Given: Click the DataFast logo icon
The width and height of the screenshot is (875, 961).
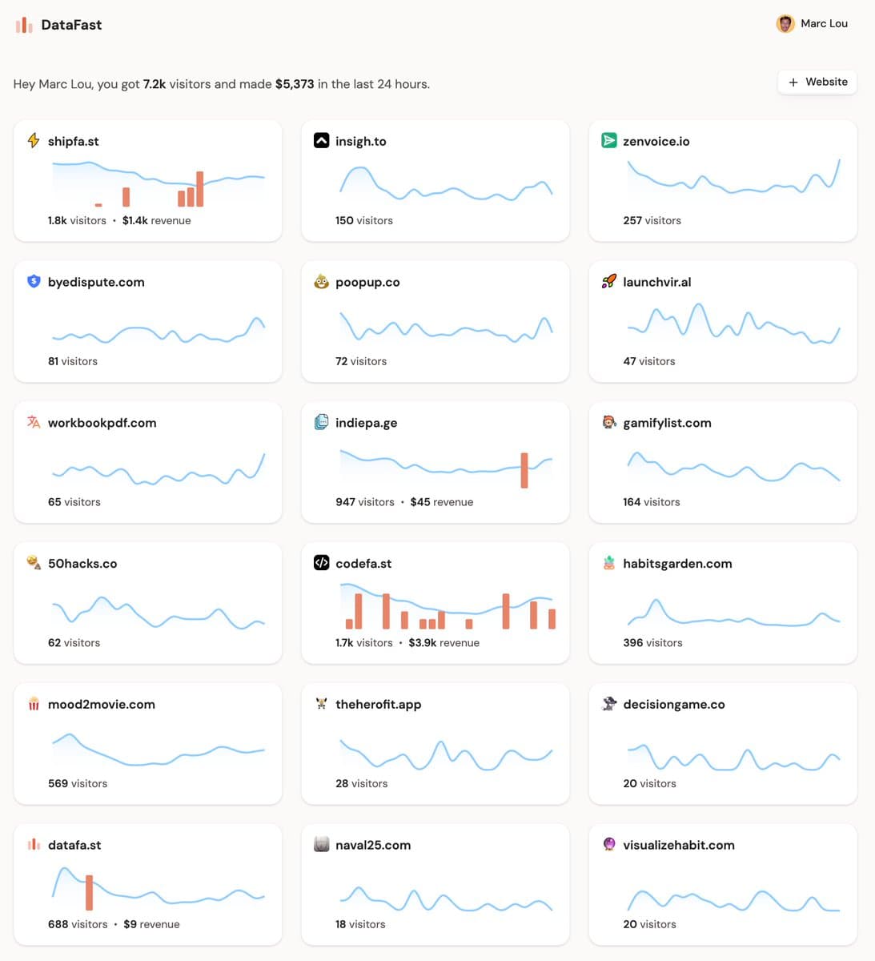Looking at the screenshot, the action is coord(24,25).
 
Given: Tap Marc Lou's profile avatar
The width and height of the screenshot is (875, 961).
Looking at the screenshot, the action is coord(785,23).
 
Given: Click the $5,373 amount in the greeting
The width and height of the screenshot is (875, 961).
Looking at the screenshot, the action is coord(295,84).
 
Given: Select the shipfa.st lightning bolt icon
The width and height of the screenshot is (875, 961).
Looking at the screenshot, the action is coord(34,141).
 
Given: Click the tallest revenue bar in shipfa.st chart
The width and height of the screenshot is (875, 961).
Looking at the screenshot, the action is coord(199,189).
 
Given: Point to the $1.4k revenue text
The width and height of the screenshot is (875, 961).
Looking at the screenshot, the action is coord(157,220).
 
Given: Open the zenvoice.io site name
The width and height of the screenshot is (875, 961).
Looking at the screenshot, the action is coord(656,141).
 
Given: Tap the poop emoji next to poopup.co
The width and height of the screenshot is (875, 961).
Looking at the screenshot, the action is coord(321,282).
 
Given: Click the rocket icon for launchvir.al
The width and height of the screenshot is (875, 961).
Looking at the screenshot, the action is coord(608,282).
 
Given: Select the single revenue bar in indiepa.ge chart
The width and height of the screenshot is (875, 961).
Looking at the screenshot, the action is coord(524,470).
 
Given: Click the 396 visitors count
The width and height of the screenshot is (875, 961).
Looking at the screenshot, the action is coord(652,643).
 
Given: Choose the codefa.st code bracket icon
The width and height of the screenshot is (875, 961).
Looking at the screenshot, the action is coord(321,562).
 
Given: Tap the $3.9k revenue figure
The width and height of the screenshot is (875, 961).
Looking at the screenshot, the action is coord(444,643).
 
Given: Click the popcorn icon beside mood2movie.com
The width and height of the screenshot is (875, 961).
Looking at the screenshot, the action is coord(34,704).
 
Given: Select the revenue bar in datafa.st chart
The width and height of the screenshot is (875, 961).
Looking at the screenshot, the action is coord(89,893).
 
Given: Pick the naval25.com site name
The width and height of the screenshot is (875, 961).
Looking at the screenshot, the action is coord(373,845).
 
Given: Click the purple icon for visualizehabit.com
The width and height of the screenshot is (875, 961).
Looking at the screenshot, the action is coord(608,844).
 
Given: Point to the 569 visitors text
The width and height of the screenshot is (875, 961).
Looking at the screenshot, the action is coord(78,784).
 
